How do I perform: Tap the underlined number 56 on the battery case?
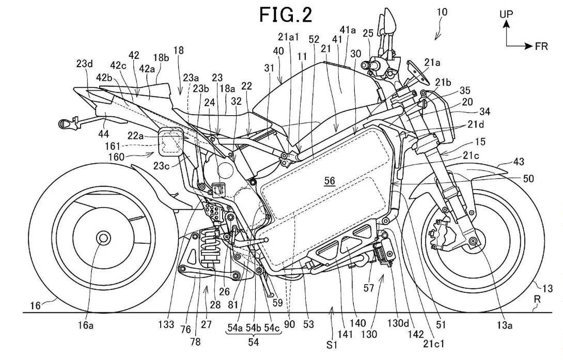[x=329, y=180]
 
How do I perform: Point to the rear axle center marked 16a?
[x=103, y=238]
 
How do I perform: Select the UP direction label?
[x=506, y=14]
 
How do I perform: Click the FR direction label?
[x=541, y=46]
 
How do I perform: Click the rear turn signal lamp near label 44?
[x=66, y=124]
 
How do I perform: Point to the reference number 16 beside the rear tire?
[x=35, y=306]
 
